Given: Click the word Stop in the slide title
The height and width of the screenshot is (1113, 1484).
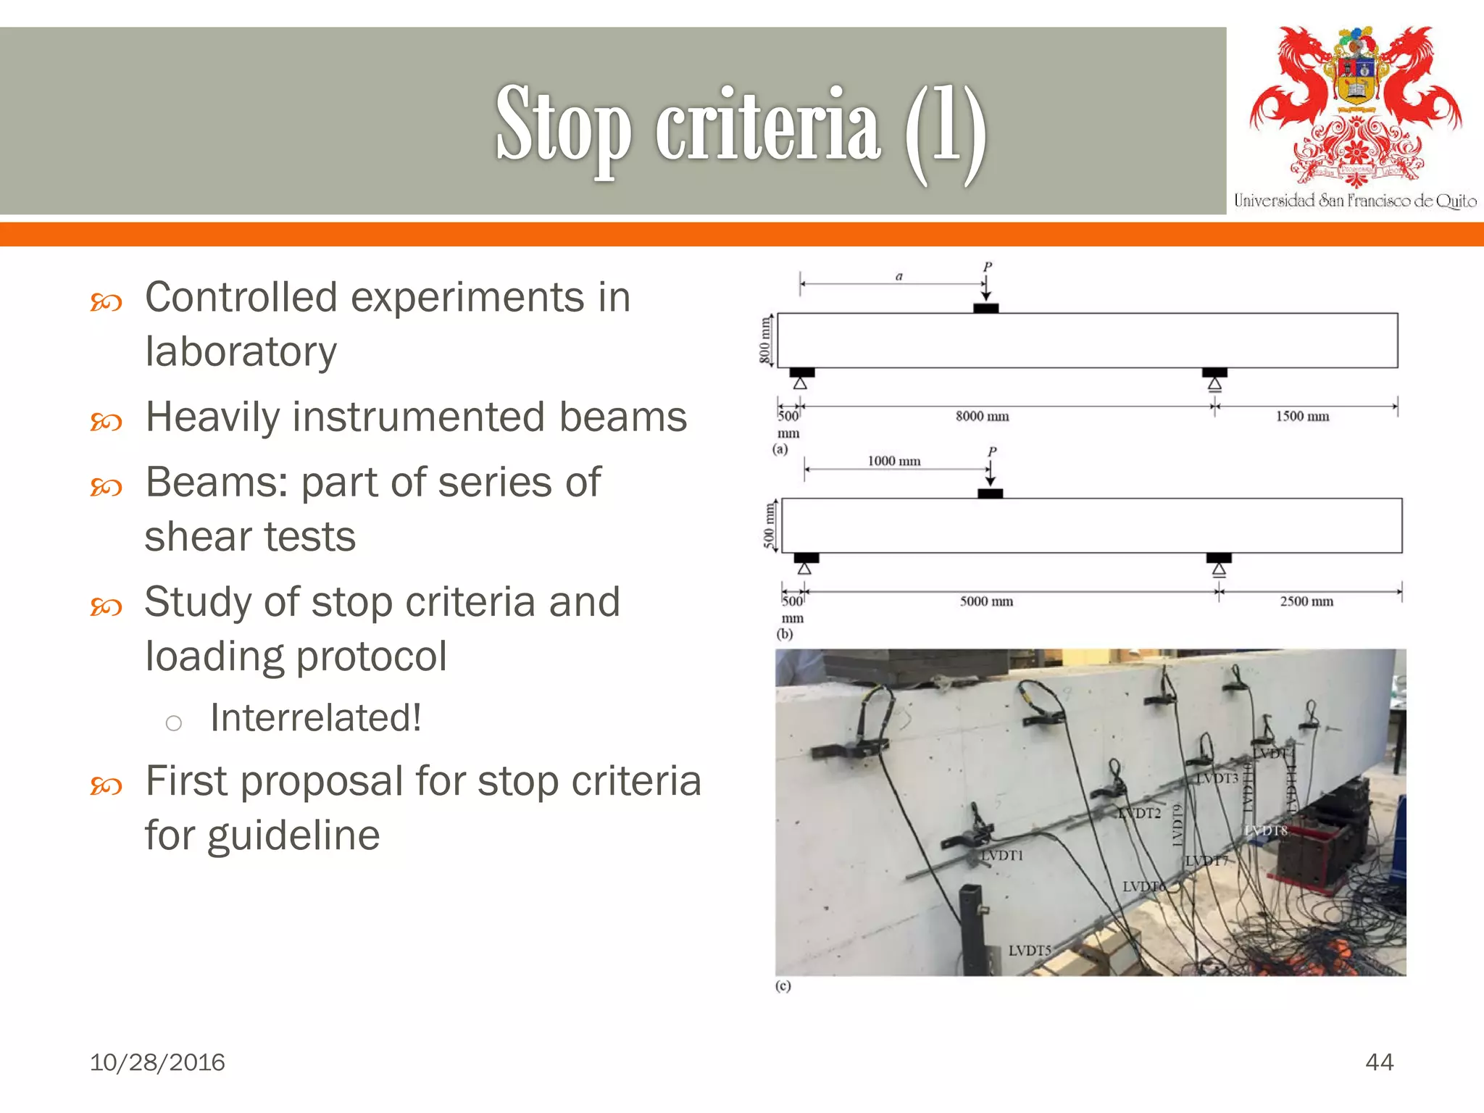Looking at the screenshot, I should pos(563,125).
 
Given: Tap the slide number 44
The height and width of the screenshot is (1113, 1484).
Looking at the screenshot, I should pos(1379,1062).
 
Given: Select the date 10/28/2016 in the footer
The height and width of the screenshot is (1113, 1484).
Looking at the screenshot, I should pos(157,1062).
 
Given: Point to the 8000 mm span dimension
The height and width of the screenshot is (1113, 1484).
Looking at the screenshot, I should pos(982,416).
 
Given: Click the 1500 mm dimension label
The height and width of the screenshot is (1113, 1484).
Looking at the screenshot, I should pos(1302,416).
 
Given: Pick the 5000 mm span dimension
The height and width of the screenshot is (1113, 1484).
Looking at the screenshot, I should pos(986,601).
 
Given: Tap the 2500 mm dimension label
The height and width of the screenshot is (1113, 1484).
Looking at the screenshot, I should pos(1306,601).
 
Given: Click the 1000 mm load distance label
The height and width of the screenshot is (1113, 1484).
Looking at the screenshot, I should pos(894,461).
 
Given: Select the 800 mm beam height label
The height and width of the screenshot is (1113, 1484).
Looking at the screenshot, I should pos(764,341).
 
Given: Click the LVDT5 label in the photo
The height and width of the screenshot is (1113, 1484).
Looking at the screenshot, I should pos(1029,950).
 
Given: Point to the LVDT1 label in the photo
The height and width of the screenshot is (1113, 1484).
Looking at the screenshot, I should pos(1002,856).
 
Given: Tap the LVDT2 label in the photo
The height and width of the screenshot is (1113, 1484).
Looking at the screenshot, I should pos(1139,813).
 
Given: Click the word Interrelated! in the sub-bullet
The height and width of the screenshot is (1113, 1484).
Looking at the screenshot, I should pos(316,718).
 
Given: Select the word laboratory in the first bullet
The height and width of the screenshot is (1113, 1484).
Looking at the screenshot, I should pos(241,351).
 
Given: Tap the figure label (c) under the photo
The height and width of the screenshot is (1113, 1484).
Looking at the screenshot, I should pos(783,986).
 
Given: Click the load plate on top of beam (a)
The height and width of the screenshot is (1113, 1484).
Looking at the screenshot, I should pos(985,308).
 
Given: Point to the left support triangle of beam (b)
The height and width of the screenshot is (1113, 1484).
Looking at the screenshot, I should pos(804,569).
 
